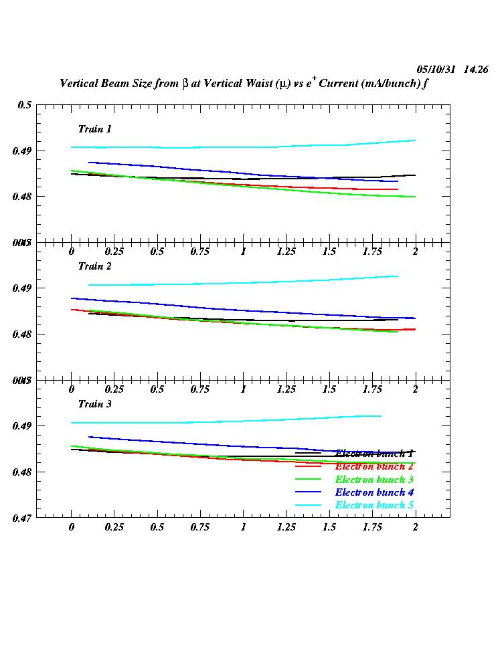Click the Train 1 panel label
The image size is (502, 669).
pos(94,128)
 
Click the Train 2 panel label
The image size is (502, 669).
pos(94,266)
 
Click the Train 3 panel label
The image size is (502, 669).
pos(94,404)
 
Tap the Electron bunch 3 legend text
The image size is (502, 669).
pos(370,480)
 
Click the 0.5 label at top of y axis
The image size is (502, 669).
pos(25,105)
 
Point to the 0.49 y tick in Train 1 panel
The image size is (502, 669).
pos(22,151)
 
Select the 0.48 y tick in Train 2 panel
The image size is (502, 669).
pos(22,334)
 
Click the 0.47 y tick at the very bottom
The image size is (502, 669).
pos(22,518)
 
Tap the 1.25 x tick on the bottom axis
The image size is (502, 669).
pos(286,527)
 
